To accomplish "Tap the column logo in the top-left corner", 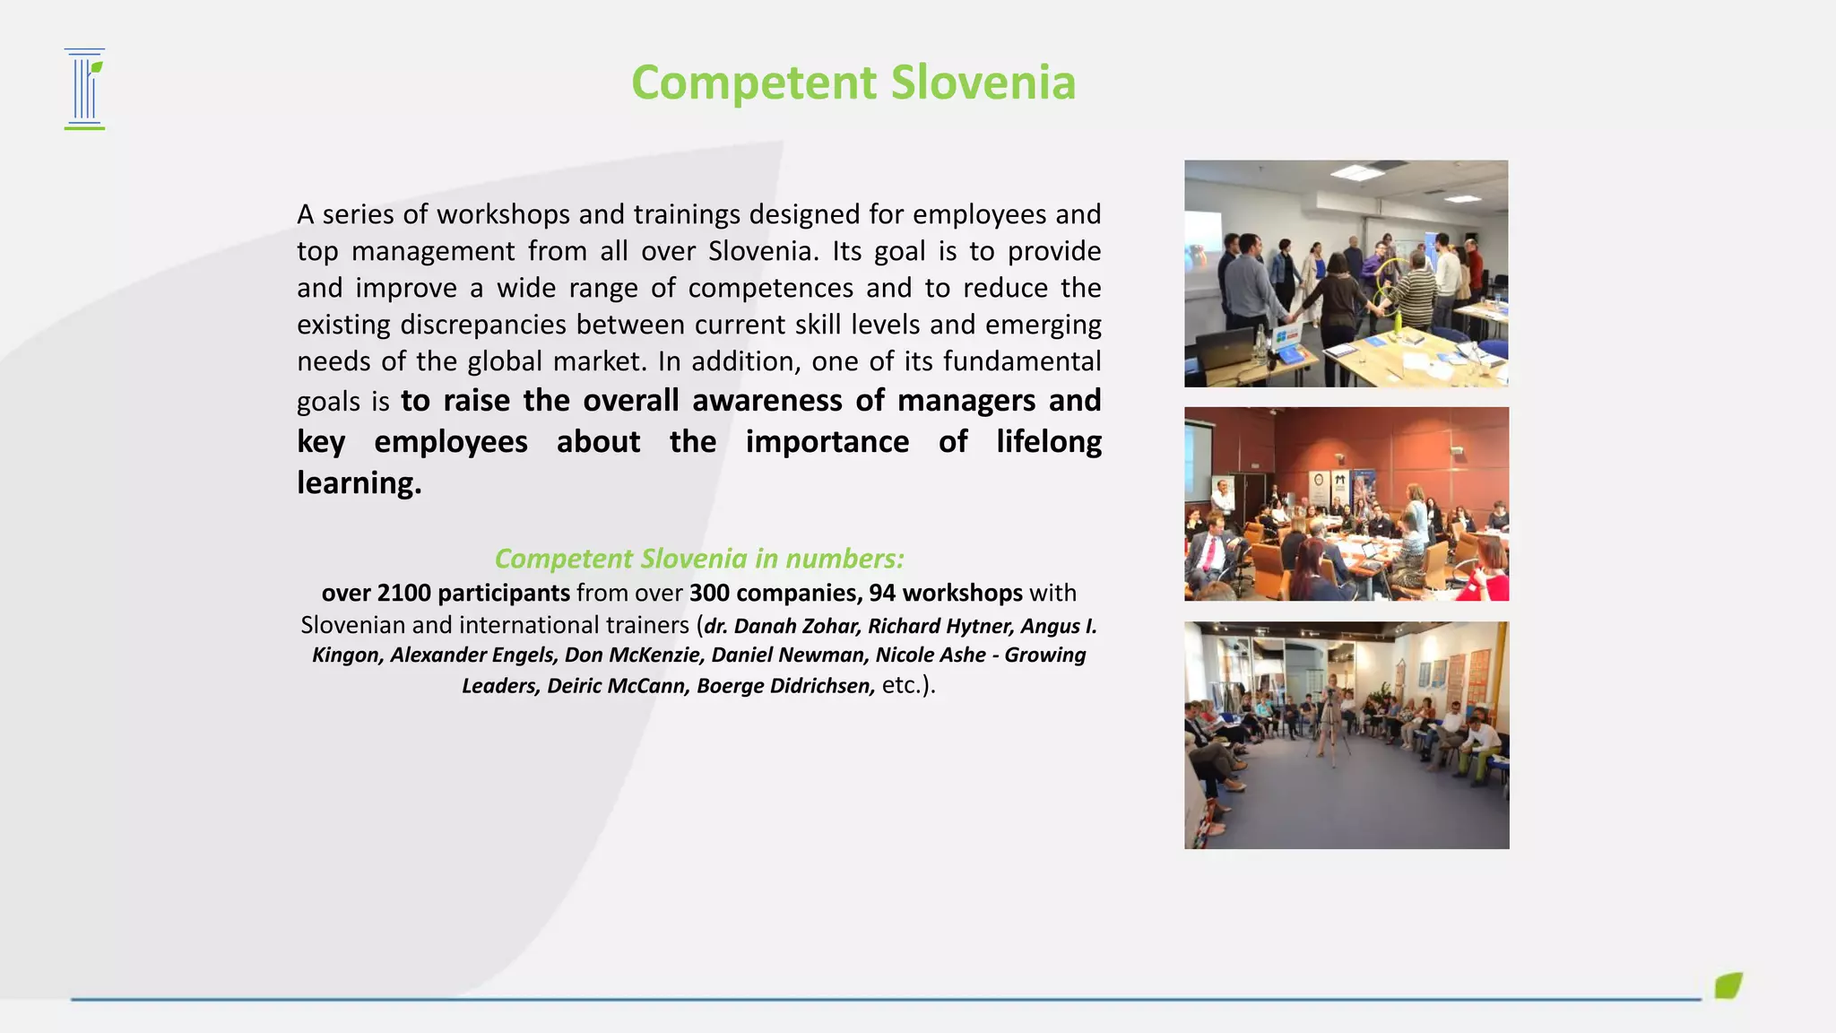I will pyautogui.click(x=85, y=89).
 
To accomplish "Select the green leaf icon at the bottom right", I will pyautogui.click(x=1728, y=985).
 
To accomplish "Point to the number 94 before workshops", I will pyautogui.click(x=882, y=593).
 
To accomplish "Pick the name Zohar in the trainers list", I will pyautogui.click(x=830, y=626).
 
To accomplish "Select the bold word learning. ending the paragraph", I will pyautogui.click(x=359, y=483).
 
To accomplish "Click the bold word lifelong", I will pyautogui.click(x=1048, y=442).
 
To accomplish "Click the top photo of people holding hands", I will pyautogui.click(x=1346, y=273).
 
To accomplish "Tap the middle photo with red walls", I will pyautogui.click(x=1346, y=504).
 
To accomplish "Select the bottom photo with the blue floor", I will pyautogui.click(x=1346, y=735).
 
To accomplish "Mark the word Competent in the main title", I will pyautogui.click(x=754, y=82).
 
